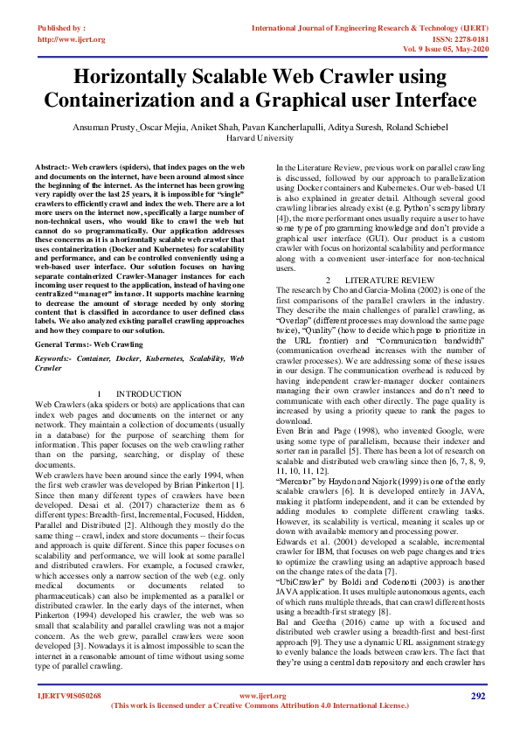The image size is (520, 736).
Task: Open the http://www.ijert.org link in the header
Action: coord(72,39)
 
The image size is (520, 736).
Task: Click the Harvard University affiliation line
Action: coord(260,138)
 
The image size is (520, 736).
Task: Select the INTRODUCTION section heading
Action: coord(149,394)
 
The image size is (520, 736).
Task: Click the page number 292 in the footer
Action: coord(477,696)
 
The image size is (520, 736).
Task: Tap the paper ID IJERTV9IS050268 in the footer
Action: coord(70,696)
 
